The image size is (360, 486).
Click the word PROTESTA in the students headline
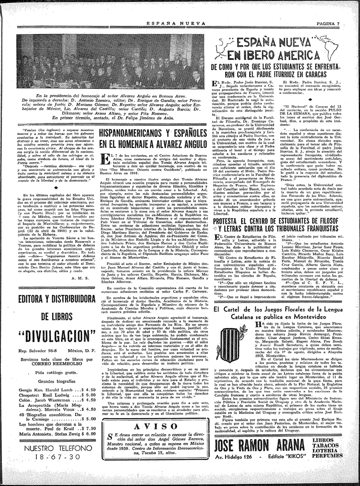click(x=231, y=221)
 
